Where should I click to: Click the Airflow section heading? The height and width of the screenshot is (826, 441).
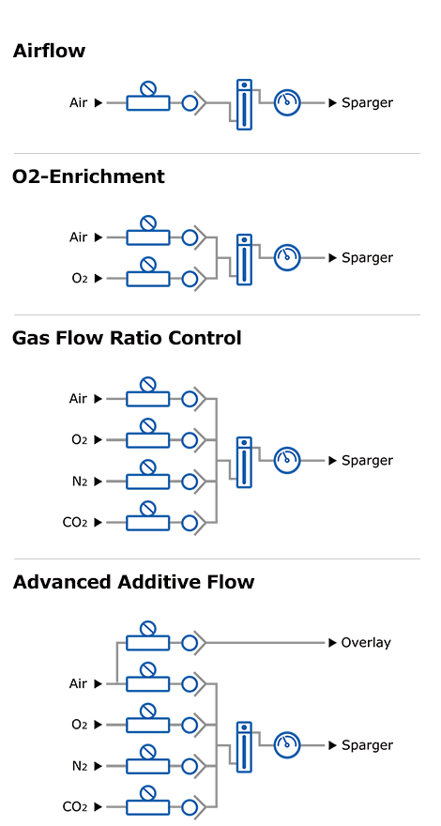pyautogui.click(x=49, y=51)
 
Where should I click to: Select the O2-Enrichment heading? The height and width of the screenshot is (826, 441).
pyautogui.click(x=88, y=176)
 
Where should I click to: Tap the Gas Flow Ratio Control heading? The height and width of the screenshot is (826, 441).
pyautogui.click(x=127, y=338)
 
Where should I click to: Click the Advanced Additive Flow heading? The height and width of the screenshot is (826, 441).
pyautogui.click(x=133, y=582)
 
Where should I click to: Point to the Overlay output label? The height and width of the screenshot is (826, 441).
pyautogui.click(x=366, y=643)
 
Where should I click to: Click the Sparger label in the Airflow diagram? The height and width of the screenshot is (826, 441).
pyautogui.click(x=367, y=103)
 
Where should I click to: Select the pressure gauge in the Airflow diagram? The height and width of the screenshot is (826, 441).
pyautogui.click(x=286, y=103)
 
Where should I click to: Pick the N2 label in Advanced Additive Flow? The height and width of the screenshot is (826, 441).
pyautogui.click(x=79, y=766)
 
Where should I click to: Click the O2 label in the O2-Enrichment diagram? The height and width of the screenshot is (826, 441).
pyautogui.click(x=79, y=279)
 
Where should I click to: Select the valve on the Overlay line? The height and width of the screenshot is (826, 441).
pyautogui.click(x=148, y=638)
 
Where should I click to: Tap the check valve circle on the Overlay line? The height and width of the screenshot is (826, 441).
pyautogui.click(x=190, y=643)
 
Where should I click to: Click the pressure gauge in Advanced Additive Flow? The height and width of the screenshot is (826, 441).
pyautogui.click(x=286, y=745)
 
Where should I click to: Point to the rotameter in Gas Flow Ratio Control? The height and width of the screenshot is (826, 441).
pyautogui.click(x=245, y=461)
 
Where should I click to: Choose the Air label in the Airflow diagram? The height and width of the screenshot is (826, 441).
pyautogui.click(x=78, y=103)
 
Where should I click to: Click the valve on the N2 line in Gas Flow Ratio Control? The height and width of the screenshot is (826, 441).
pyautogui.click(x=148, y=478)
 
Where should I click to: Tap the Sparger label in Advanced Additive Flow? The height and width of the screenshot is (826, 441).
pyautogui.click(x=367, y=745)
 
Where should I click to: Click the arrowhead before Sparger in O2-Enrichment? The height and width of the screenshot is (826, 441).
pyautogui.click(x=332, y=258)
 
